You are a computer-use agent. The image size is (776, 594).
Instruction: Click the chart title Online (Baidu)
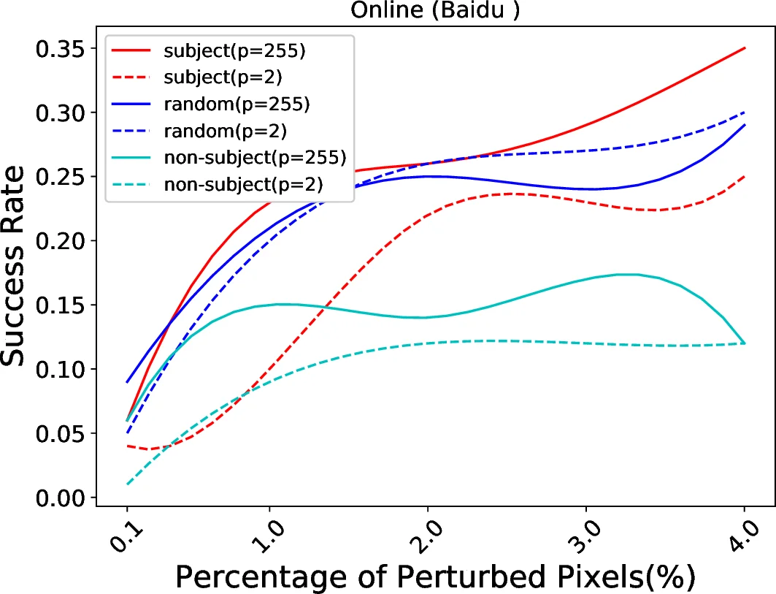coord(436,11)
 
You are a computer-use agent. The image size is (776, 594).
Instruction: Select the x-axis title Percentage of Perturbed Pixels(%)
coord(435,576)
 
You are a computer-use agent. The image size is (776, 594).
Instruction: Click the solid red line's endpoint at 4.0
coord(744,48)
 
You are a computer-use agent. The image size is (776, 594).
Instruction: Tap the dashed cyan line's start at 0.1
coord(127,484)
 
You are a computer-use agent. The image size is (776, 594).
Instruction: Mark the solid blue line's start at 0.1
coord(127,381)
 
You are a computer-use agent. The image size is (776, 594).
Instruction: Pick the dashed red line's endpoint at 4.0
coord(744,176)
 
